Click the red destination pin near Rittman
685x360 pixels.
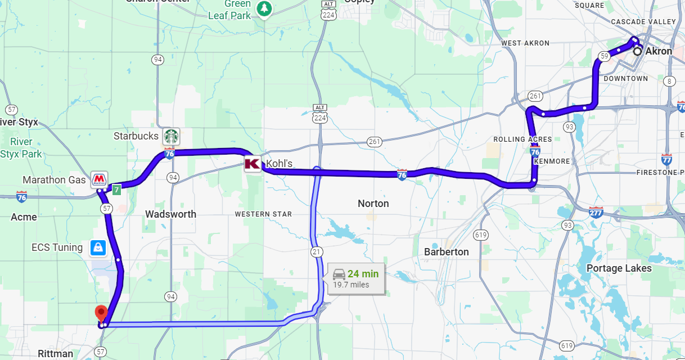coord(101,312)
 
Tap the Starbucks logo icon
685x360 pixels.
coord(171,136)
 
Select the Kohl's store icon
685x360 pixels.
coord(252,164)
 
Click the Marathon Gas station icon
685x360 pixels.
coord(99,179)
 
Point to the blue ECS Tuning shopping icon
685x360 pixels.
coord(98,247)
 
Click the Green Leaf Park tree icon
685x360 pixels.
coord(264,8)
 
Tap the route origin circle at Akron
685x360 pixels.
coord(637,51)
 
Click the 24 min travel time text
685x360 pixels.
coord(363,274)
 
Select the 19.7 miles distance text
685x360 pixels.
coord(351,285)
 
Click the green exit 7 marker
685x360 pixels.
coord(116,190)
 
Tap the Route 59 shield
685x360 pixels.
coord(604,56)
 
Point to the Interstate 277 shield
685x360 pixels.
coord(596,212)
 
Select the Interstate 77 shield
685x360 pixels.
coord(667,159)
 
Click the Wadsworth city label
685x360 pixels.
coord(170,214)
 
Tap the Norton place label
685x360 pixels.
coord(373,203)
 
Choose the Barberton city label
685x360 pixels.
coord(447,251)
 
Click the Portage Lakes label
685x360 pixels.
coord(619,268)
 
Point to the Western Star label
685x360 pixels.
coord(263,214)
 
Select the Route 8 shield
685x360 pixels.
coord(669,82)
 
